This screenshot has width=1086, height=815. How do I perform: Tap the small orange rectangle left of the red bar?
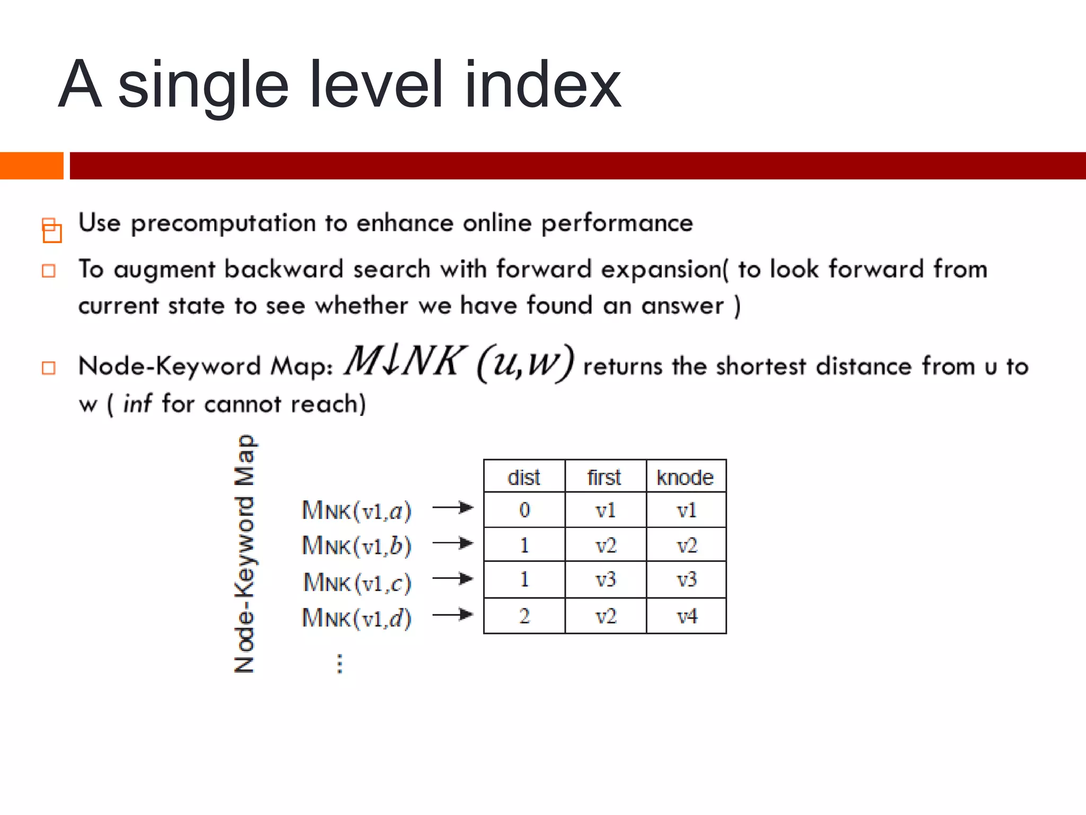click(31, 166)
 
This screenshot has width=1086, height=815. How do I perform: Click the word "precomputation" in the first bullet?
click(223, 223)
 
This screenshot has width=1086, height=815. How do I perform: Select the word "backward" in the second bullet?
click(284, 269)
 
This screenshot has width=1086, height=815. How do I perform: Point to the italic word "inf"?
click(137, 404)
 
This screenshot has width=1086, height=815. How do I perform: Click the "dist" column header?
click(524, 477)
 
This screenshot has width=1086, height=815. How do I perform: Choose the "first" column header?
click(605, 477)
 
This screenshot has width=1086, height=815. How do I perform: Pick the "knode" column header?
click(685, 477)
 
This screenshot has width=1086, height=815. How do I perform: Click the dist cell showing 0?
click(524, 510)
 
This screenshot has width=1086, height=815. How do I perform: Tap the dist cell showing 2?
click(524, 616)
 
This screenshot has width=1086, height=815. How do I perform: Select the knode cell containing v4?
click(686, 616)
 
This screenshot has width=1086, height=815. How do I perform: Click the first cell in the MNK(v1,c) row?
click(605, 579)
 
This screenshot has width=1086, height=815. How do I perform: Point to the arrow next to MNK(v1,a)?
click(452, 508)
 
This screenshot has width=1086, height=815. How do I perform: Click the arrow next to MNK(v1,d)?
click(452, 615)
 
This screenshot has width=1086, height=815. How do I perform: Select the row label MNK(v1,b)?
click(356, 545)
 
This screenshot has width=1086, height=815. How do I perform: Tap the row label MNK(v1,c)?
click(357, 583)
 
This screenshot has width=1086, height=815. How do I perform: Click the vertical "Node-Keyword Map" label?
click(244, 554)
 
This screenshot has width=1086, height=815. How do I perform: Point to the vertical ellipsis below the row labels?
click(340, 664)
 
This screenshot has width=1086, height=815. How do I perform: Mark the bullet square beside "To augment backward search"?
click(49, 271)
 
